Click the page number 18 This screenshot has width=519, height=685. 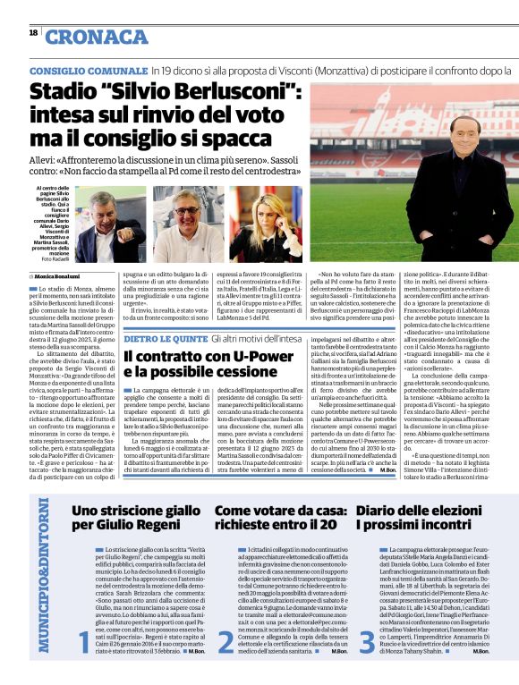[33, 33]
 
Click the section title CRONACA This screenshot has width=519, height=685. [96, 36]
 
